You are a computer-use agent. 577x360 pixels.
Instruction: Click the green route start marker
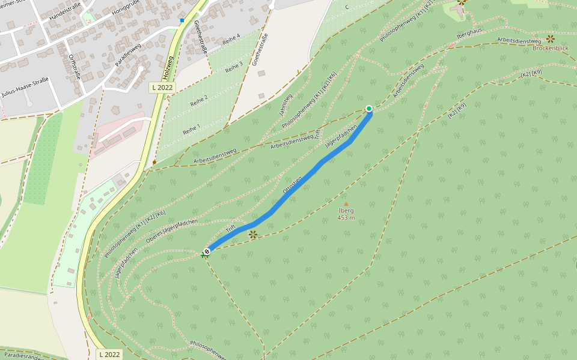pos(369,109)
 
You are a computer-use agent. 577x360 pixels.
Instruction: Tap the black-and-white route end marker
pos(207,251)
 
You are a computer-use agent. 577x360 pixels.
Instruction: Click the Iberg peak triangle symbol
pos(346,204)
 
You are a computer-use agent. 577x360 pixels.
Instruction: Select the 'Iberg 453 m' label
pos(346,214)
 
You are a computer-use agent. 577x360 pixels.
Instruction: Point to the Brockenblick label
pos(551,47)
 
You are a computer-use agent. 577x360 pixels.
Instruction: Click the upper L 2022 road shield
pos(161,88)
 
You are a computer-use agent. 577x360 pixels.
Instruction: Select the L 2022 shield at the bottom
pos(109,355)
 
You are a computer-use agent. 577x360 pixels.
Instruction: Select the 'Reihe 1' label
pos(191,128)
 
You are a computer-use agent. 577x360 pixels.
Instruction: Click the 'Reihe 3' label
pos(234,67)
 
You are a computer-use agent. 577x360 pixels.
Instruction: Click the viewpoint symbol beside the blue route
pos(253,235)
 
